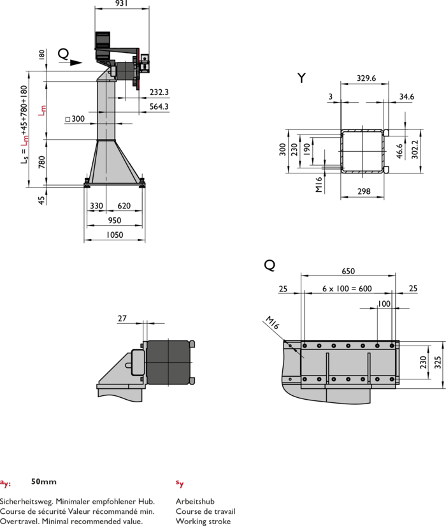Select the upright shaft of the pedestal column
pos(106,110)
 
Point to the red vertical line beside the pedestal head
pos(138,69)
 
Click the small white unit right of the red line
pos(145,62)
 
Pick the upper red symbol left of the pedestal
pos(42,110)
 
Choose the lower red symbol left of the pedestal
pos(24,141)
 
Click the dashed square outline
pos(362,151)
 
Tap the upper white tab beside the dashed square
pos(386,133)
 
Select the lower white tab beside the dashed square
pos(386,170)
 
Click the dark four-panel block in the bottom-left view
pos(168,362)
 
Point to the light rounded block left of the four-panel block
pos(138,362)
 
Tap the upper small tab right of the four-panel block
pos(192,344)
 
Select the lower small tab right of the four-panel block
pos(192,381)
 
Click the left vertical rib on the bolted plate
pos(327,368)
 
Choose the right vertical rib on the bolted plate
pos(368,368)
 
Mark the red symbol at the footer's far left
pos(5,484)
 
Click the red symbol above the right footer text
pos(180,484)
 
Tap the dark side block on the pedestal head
pos(125,71)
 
